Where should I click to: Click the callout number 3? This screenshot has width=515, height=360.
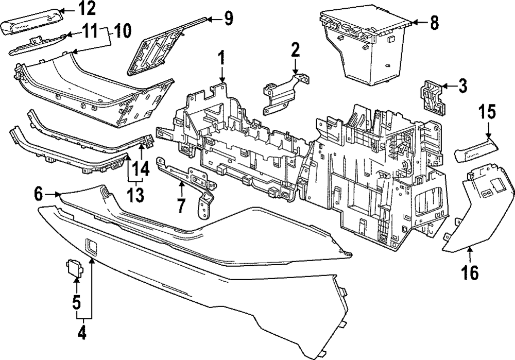(x=462, y=86)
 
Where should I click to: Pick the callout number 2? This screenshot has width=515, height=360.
(x=295, y=50)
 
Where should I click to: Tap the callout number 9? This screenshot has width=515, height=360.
(x=228, y=20)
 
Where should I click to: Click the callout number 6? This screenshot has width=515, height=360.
(x=39, y=194)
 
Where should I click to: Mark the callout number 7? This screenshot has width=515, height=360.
(x=181, y=205)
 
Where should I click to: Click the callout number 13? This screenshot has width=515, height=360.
(x=136, y=195)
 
